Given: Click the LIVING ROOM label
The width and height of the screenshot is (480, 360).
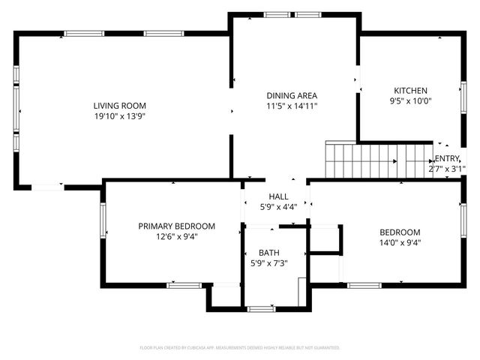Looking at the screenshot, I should (x=120, y=106).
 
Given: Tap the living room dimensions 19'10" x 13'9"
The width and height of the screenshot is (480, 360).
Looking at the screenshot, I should (x=120, y=117).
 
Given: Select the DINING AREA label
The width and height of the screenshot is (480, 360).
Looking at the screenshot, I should (x=292, y=95).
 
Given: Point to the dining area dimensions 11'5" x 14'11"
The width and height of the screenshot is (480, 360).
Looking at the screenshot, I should (x=292, y=106).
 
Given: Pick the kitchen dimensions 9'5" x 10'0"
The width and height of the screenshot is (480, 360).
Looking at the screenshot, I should (x=410, y=101).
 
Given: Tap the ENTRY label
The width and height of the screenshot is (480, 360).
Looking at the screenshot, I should (x=447, y=158).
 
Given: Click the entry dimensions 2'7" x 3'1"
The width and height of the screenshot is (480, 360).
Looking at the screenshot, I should (x=445, y=169).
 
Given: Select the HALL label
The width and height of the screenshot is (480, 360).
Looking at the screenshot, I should (x=278, y=196).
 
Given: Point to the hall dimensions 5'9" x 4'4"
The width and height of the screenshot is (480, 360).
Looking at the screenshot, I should (x=278, y=207).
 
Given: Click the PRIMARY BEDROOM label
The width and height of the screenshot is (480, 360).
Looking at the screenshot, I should (x=177, y=226).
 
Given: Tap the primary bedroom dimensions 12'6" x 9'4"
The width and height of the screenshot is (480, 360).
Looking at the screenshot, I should (x=177, y=236).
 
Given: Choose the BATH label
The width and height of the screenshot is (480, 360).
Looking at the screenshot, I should (x=268, y=253).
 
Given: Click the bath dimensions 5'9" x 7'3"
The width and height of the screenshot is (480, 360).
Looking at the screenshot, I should (x=268, y=264).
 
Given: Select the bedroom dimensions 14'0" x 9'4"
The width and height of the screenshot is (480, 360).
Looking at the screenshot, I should (x=400, y=242).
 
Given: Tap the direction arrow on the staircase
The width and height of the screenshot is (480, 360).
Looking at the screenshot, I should (x=393, y=160).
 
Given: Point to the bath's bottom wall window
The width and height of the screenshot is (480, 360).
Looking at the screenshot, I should (x=262, y=308).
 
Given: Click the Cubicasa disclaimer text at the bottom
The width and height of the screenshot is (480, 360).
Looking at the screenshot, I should (x=240, y=348).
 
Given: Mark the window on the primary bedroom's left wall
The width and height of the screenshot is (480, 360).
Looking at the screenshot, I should (x=103, y=220).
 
